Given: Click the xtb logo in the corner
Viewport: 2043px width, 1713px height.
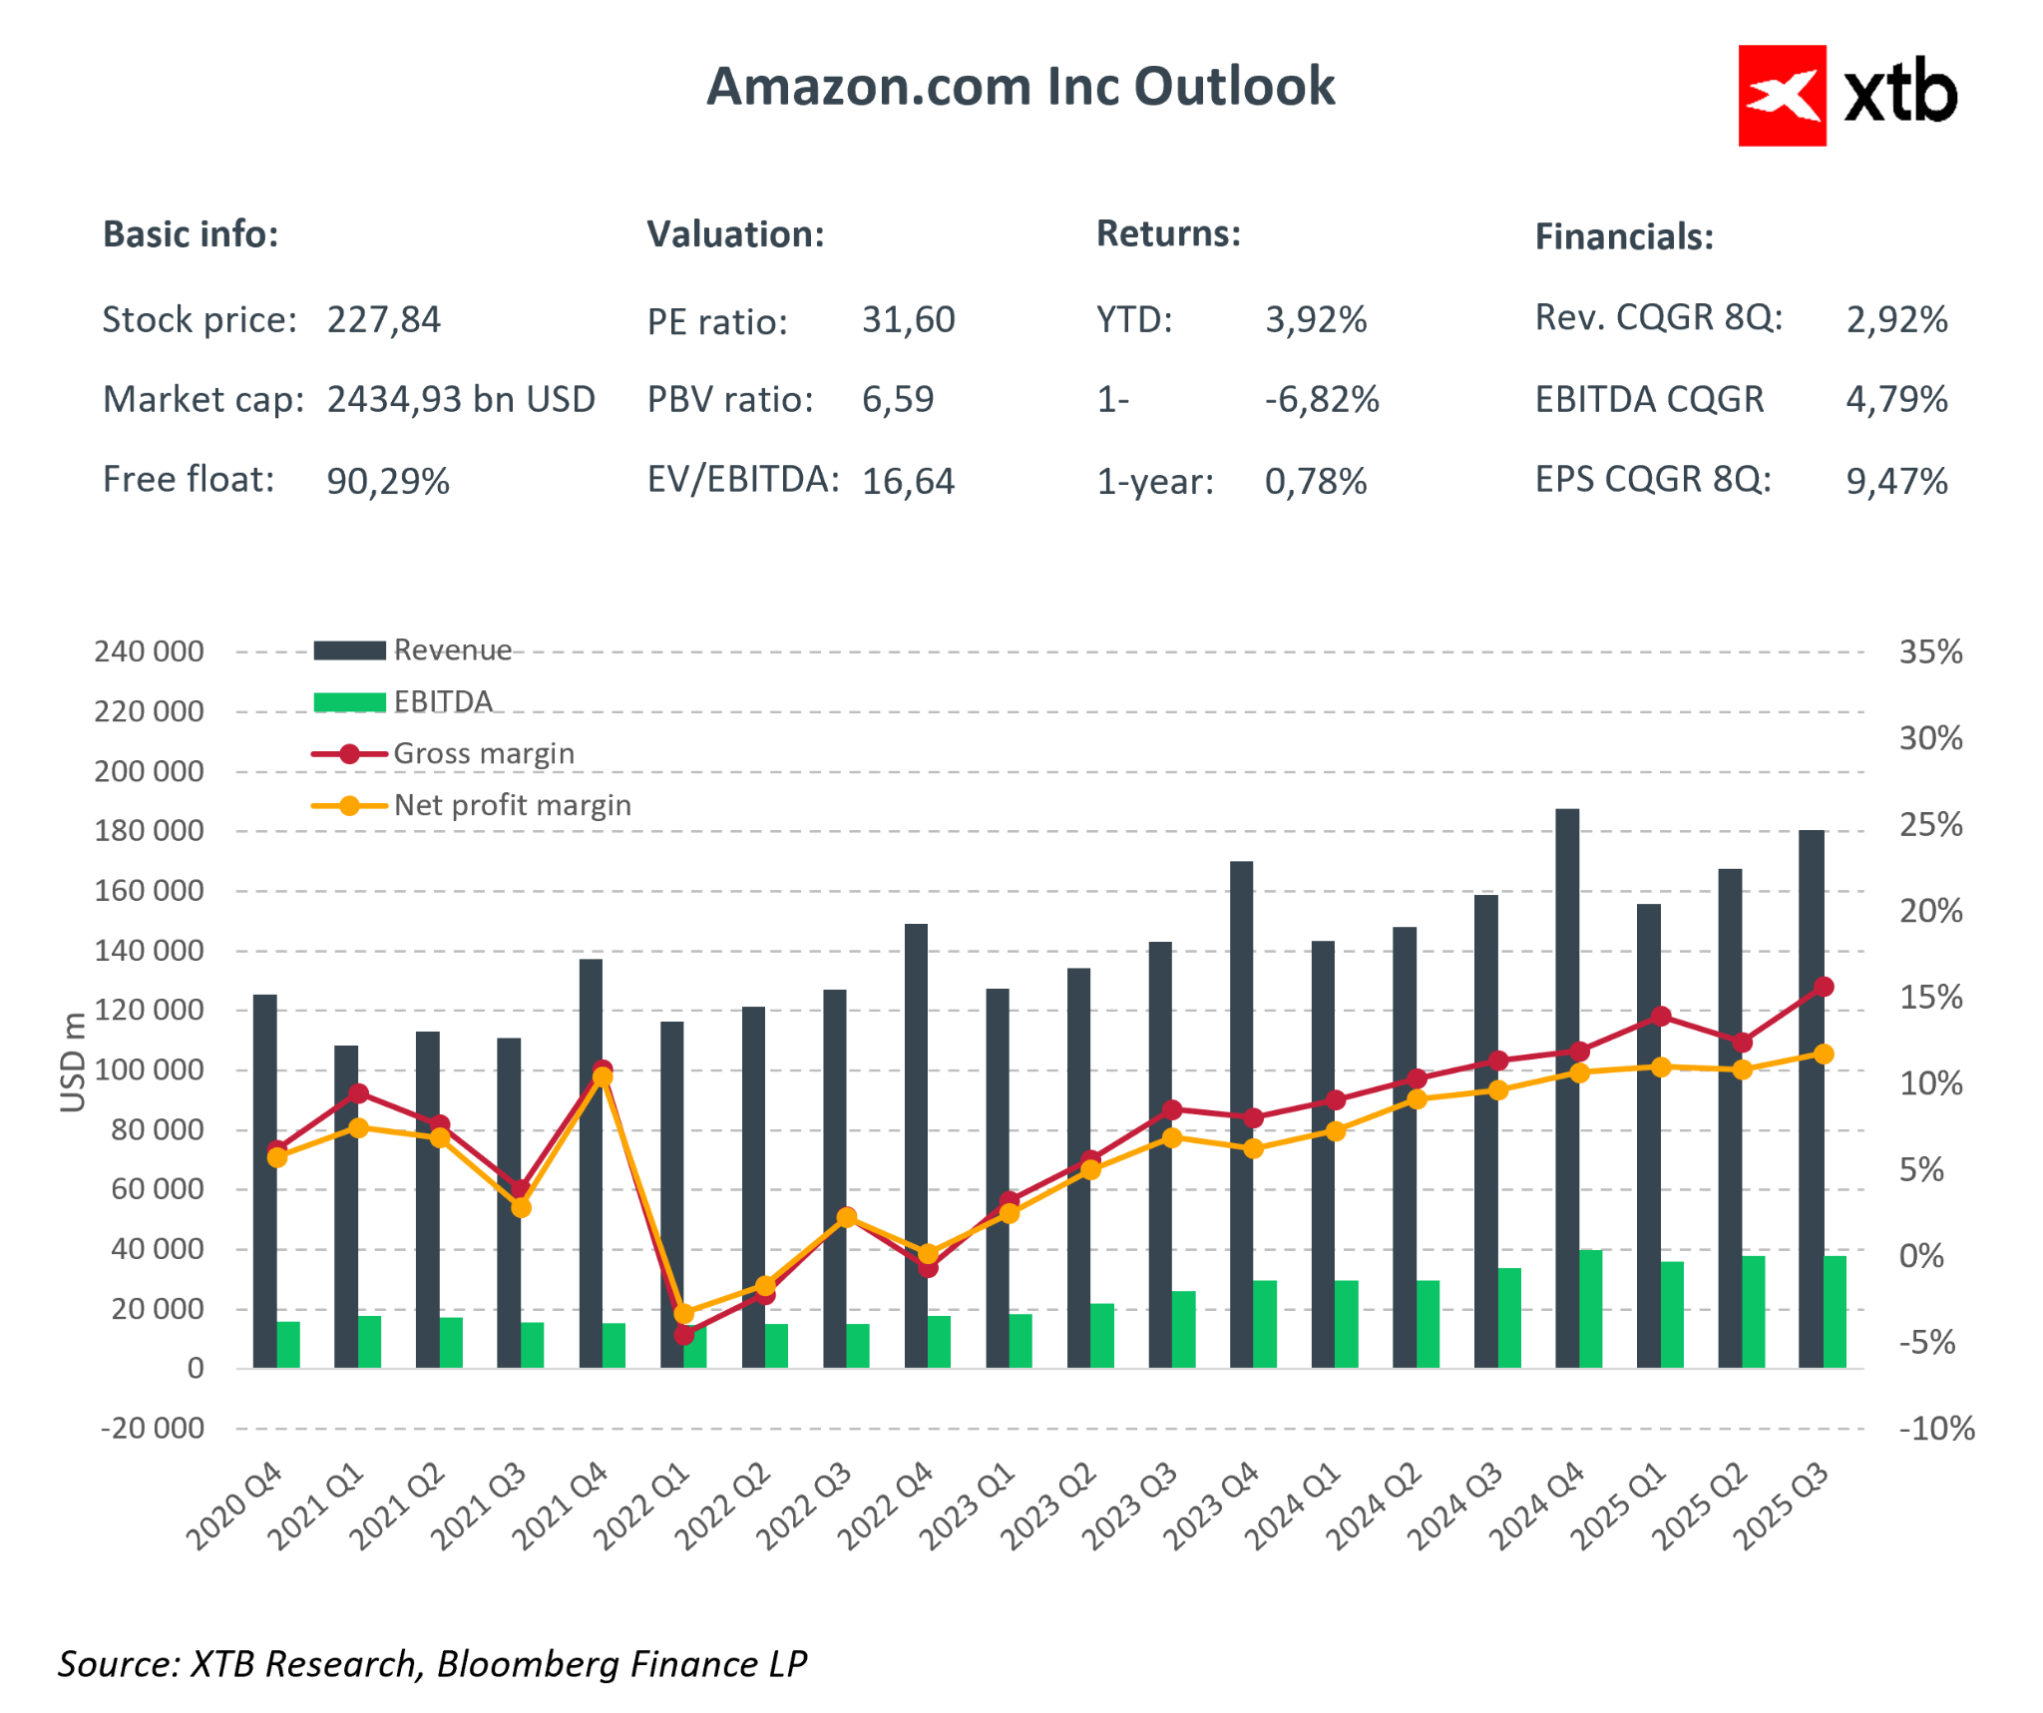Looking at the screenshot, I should pos(1846,96).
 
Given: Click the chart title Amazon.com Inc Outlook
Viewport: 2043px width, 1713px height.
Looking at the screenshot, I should pos(1020,87).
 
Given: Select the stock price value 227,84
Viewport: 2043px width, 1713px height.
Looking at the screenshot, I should pos(383,320).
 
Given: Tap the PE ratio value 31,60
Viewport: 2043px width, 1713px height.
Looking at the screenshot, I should pos(908,320).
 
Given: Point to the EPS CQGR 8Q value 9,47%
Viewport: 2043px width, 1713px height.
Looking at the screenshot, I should pos(1895,482).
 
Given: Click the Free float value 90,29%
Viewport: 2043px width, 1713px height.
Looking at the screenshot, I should pos(388,482).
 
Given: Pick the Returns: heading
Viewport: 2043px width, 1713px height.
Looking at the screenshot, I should pos(1168,233).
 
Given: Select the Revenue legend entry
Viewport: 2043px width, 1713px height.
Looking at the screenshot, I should pos(451,650).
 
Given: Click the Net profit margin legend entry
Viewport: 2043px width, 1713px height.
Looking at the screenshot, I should pos(511,805).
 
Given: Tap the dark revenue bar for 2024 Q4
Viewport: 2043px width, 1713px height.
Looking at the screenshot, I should pos(1566,1087).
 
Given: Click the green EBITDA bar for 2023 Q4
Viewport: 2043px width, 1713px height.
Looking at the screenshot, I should pos(1264,1324).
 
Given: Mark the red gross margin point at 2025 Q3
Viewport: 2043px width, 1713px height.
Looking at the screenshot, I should pos(1823,987).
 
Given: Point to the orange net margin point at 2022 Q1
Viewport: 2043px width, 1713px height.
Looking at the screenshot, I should pos(683,1314).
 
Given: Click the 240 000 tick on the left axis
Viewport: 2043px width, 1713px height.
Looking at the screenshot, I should pos(149,651).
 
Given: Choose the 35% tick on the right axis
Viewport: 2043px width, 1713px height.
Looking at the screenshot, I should pos(1929,652).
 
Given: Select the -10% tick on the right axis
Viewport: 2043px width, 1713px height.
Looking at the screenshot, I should pos(1935,1429).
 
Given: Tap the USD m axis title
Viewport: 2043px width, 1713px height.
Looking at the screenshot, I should pos(72,1062).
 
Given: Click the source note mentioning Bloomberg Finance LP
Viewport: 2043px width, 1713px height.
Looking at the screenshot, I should pos(432,1663).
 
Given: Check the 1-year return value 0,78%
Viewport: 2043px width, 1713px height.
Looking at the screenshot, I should pos(1315,482).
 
